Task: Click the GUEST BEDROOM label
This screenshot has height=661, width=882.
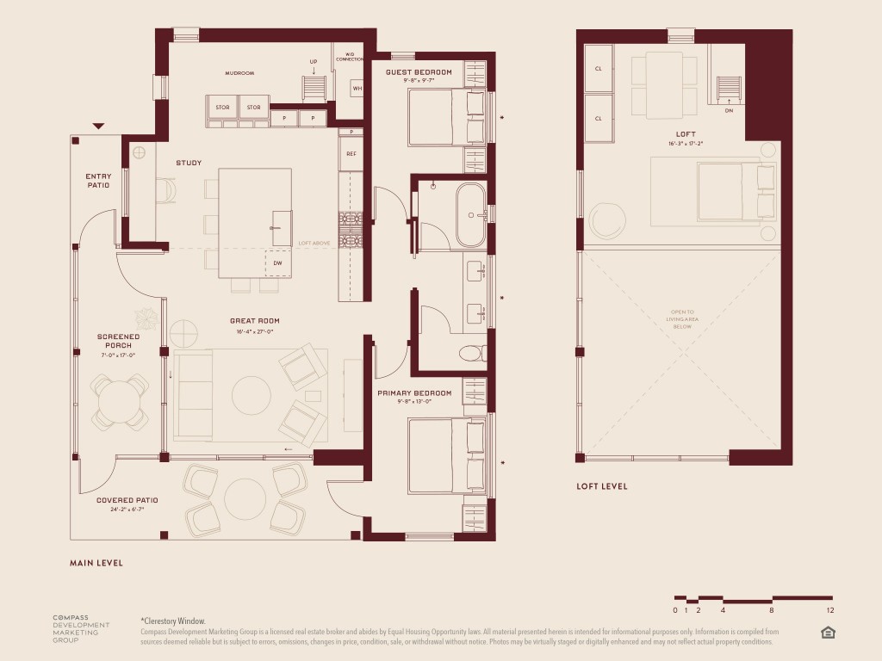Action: coord(419,72)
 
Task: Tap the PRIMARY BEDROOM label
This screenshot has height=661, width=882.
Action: coord(414,393)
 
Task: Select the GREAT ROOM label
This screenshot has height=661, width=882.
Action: coord(254,321)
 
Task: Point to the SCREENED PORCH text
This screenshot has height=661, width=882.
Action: coord(113,341)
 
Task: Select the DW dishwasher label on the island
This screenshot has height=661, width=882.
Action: coord(277,263)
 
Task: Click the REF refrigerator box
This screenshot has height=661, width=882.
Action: coord(351,153)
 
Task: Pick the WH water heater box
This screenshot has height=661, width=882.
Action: coord(357,89)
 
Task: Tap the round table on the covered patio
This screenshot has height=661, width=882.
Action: coord(246,497)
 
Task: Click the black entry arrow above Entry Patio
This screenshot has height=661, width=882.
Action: coord(98,127)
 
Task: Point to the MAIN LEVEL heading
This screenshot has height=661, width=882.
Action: coord(96,563)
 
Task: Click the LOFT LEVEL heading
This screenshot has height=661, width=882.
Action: coord(602,486)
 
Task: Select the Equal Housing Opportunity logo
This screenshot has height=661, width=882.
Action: coord(828,633)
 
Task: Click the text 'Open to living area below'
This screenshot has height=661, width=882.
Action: coord(686,318)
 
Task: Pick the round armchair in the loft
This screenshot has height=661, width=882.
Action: coord(607,219)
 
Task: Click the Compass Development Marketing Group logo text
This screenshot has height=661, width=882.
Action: coord(77,629)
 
